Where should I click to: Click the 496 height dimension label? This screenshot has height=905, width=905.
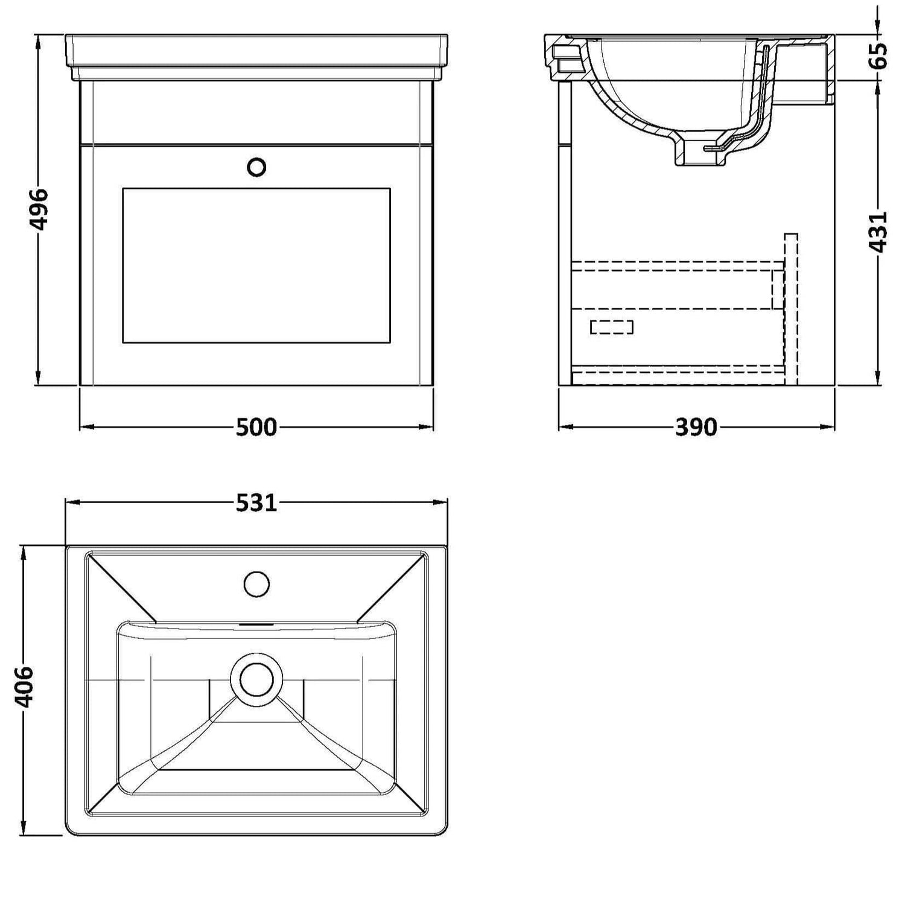click(39, 209)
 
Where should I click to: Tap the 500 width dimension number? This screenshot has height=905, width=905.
click(256, 427)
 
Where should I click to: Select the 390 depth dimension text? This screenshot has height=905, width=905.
click(696, 427)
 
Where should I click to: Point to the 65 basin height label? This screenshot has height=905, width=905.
click(879, 56)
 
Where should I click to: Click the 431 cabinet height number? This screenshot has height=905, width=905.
click(879, 231)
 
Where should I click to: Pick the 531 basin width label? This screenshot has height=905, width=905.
click(256, 503)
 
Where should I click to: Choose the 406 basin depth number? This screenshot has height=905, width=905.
click(25, 687)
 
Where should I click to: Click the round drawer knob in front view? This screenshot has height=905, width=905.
click(257, 167)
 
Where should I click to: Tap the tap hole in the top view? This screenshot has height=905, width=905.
click(256, 583)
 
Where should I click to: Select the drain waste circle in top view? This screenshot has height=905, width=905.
click(257, 679)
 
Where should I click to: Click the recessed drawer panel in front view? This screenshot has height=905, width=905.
click(256, 265)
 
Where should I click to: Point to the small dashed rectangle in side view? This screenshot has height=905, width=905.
click(611, 327)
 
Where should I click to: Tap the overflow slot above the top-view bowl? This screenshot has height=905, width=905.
click(256, 624)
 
